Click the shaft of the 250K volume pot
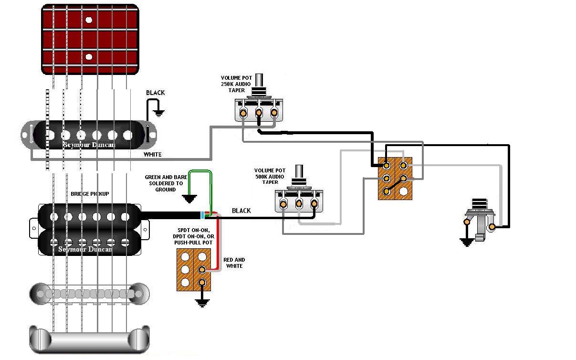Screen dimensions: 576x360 click(x=259, y=81)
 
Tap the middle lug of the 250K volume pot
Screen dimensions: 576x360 click(x=259, y=113)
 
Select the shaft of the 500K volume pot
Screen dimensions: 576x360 click(x=299, y=171)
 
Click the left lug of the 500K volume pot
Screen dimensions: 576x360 click(x=283, y=204)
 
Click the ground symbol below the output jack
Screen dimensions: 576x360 click(x=466, y=242)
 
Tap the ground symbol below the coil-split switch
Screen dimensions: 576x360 click(x=202, y=303)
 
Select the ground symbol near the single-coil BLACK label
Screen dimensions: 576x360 click(x=158, y=113)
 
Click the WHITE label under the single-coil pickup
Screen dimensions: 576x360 click(x=153, y=154)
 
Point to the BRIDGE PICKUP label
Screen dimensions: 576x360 click(x=90, y=194)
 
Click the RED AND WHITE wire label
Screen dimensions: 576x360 click(x=234, y=263)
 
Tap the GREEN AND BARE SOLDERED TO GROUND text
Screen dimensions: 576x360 click(x=166, y=183)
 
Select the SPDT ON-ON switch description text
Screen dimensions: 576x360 click(x=193, y=236)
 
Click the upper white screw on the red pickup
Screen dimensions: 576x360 click(x=89, y=20)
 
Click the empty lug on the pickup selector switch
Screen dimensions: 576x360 click(x=403, y=191)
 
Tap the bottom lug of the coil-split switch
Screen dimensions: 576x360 click(x=202, y=283)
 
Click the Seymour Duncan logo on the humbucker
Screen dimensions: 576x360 click(x=85, y=249)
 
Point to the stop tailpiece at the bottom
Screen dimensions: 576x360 click(x=89, y=339)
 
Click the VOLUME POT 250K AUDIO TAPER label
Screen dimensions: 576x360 click(x=236, y=84)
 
